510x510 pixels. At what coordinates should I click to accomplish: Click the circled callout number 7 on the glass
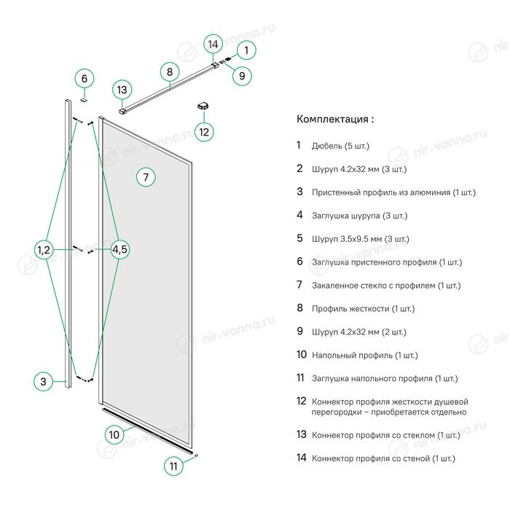coord(146,177)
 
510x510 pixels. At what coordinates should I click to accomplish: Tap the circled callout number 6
coord(85,79)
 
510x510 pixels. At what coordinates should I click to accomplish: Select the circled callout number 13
coord(122,90)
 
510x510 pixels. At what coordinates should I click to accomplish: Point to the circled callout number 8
coord(169,72)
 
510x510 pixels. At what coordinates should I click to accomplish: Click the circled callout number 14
coord(213,44)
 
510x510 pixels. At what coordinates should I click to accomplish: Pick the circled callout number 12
coord(204,132)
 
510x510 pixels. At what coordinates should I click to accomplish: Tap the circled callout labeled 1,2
coord(44,250)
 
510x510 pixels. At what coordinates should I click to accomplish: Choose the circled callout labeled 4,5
coord(120,250)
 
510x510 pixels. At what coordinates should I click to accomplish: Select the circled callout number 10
coord(114,435)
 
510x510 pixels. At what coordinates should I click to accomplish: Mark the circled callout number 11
coord(173,466)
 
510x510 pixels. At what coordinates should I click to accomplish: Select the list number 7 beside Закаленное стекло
coord(299,285)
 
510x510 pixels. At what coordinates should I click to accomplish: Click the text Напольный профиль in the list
coord(352,356)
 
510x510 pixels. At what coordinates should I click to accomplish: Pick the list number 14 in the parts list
coord(300,458)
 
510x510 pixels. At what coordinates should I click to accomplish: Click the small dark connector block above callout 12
coord(203,106)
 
